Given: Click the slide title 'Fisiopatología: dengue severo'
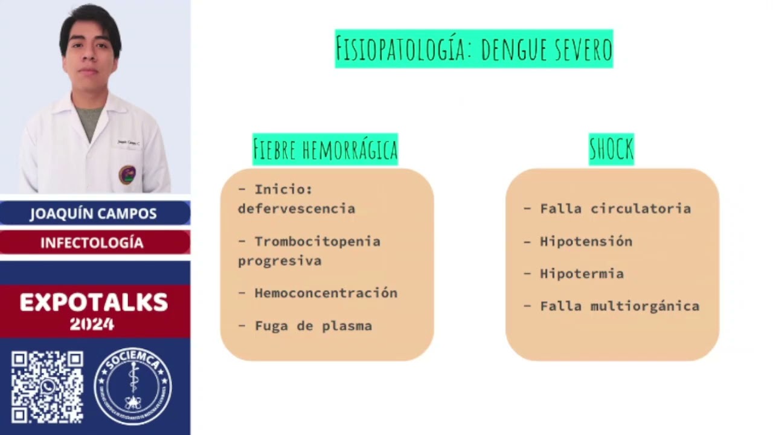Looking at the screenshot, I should (474, 49).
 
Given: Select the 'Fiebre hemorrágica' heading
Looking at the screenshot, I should (325, 149).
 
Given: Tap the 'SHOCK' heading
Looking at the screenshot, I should (611, 149).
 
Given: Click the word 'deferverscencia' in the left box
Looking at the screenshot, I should (296, 209).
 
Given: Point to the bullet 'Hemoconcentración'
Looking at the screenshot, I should (326, 293).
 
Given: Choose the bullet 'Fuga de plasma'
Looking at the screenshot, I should (313, 326).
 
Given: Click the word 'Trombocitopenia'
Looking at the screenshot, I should (317, 242).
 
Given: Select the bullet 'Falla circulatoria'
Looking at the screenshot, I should (615, 208).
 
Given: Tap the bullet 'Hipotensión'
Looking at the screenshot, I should (586, 241).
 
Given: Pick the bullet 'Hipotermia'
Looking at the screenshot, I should (582, 274).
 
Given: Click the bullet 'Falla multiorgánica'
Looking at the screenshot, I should (619, 306).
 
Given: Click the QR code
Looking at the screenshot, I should (47, 387).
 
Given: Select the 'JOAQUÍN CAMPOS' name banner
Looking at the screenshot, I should (94, 213).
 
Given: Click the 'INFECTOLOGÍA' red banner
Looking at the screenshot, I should (92, 242).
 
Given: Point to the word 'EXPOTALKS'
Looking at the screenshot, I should (94, 302).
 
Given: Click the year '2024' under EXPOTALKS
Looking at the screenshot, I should (92, 324).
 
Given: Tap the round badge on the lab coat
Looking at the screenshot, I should (127, 175).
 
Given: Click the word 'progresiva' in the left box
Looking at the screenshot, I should (279, 261).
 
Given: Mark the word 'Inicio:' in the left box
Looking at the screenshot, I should (283, 190).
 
